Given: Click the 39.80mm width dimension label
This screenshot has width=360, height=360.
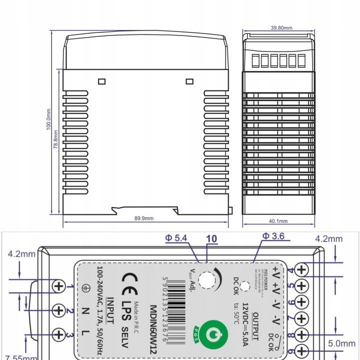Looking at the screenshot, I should (x=281, y=28).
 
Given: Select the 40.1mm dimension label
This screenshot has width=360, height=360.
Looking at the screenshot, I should (x=278, y=220).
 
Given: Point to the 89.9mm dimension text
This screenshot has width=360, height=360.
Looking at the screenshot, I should (x=144, y=218).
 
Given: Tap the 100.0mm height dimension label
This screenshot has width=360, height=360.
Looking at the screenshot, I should (x=48, y=122).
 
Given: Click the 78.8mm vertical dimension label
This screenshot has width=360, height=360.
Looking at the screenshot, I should (x=56, y=138).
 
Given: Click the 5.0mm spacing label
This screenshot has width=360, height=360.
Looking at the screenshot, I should (x=342, y=343).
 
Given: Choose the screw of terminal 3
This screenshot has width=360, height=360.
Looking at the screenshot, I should (x=59, y=334).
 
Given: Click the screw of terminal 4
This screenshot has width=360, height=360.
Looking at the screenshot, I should (x=302, y=269).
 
